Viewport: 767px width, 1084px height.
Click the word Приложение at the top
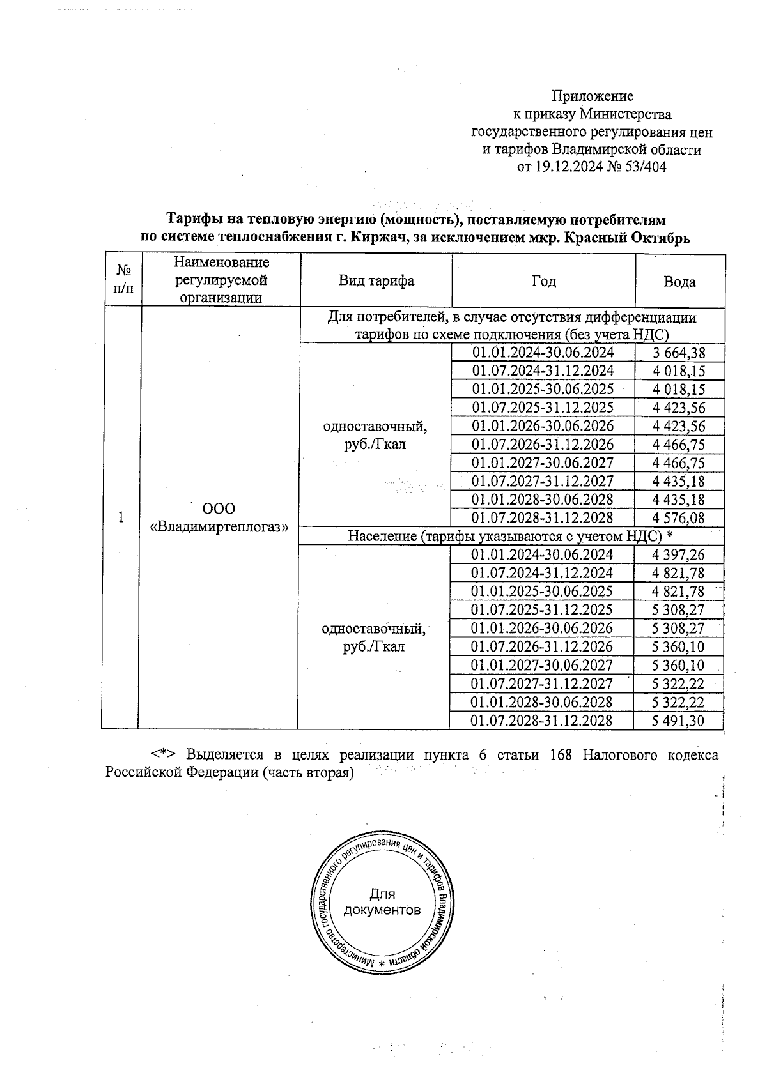tap(592, 96)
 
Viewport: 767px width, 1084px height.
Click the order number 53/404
tap(644, 167)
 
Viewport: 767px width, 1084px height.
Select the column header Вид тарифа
tap(376, 281)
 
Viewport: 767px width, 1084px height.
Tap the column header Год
tap(543, 281)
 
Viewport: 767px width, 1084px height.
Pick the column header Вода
tap(679, 282)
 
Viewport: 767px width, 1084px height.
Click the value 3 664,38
tap(679, 353)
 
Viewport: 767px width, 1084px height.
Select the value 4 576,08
tap(679, 518)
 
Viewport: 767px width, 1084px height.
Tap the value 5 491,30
tap(678, 721)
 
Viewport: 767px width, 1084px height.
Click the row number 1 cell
tap(121, 517)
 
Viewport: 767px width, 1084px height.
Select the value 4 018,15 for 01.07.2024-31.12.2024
tap(679, 371)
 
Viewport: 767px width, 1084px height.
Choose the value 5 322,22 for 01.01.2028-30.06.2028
tap(678, 702)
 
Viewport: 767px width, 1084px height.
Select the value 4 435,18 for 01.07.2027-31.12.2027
tap(679, 481)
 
